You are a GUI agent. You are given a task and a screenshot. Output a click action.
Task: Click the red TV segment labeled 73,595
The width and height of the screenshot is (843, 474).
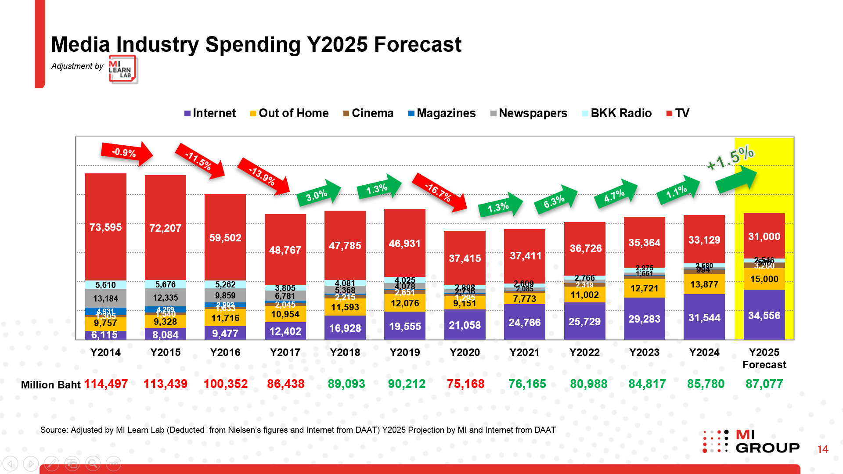coord(105,227)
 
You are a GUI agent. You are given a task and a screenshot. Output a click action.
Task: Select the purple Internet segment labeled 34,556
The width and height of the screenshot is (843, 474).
coord(764,315)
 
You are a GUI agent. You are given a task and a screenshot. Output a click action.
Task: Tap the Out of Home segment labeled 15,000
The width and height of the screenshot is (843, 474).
coord(764,279)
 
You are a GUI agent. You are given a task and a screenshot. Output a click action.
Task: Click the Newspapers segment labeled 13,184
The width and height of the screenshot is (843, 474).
coord(105,298)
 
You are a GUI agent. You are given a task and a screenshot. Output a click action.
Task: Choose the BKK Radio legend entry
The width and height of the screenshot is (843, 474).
coord(616,113)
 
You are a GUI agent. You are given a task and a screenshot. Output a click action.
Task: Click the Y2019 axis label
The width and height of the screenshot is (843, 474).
coord(405,352)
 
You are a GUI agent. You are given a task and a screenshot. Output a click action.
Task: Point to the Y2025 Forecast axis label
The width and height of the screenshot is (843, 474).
coord(764,358)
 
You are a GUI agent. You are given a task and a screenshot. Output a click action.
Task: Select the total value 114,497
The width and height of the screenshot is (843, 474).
coord(106,384)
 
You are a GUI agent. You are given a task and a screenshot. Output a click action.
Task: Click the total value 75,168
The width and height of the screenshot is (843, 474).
coord(465,384)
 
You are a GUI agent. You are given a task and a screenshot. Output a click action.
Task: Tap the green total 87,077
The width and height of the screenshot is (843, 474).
coord(764,384)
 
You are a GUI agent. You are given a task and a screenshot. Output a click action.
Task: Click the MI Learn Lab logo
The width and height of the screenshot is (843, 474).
coord(123,69)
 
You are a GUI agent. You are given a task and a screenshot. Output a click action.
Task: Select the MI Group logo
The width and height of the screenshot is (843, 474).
coord(751,442)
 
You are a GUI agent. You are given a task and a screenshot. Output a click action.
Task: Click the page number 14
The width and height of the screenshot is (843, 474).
coord(822,449)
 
